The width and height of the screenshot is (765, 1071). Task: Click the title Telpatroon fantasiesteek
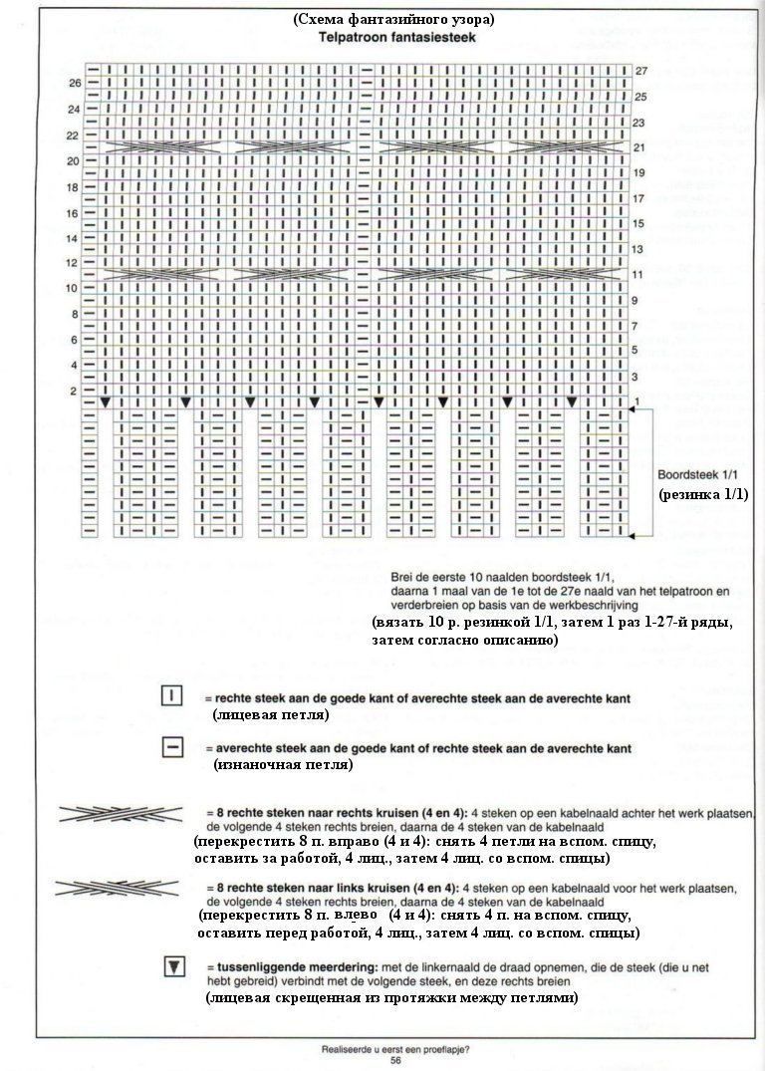(395, 37)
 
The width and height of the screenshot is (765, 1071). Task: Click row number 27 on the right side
(641, 71)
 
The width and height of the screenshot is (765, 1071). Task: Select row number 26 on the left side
(74, 83)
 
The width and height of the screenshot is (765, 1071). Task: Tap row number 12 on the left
(74, 264)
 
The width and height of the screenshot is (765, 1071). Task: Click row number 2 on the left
(73, 391)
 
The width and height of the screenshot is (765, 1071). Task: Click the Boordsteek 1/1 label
(694, 474)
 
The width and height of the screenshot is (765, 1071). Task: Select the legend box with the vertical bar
(170, 696)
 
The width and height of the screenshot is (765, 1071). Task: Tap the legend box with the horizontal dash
(170, 746)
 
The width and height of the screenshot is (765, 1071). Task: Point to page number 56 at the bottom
(395, 1061)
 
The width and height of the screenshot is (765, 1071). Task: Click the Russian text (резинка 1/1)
(702, 494)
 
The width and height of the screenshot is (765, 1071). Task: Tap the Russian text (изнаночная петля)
(284, 764)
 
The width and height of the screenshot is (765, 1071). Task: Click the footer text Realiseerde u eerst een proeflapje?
(395, 1048)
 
